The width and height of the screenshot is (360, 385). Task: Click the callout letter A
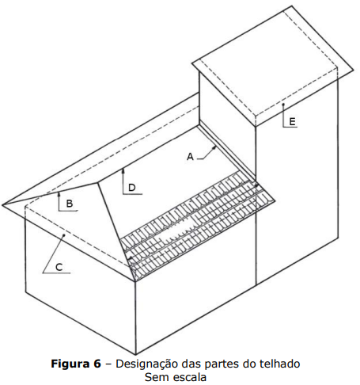pos(190,157)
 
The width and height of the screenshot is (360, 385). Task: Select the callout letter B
pos(70,204)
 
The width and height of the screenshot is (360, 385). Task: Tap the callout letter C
pos(59,267)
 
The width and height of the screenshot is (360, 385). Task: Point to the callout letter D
pos(131,188)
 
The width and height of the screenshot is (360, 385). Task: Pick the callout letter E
pos(292,122)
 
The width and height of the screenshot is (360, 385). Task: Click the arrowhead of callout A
pos(215,147)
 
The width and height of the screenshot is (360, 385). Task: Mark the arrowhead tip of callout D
pos(123,170)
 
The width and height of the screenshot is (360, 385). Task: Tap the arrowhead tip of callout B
pos(59,192)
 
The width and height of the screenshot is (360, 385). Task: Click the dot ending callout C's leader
pos(63,234)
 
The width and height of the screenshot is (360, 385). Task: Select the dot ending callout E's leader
pos(283,105)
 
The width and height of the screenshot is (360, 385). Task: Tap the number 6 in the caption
pos(97,364)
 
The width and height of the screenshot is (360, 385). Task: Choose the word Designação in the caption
pos(148,364)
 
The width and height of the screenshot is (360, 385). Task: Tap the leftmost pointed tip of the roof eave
pos(2,204)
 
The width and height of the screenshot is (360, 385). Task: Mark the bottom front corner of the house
pos(135,354)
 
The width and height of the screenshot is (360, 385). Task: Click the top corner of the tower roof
pos(292,6)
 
